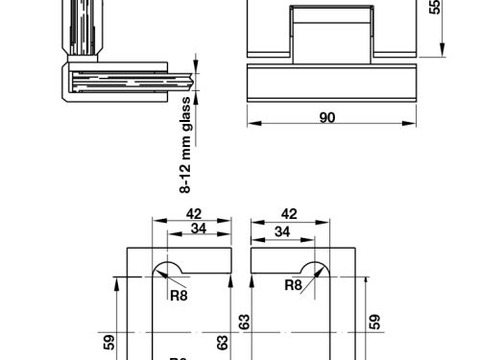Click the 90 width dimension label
326,118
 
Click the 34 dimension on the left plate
199,229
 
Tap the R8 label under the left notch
178,295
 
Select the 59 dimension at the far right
376,322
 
